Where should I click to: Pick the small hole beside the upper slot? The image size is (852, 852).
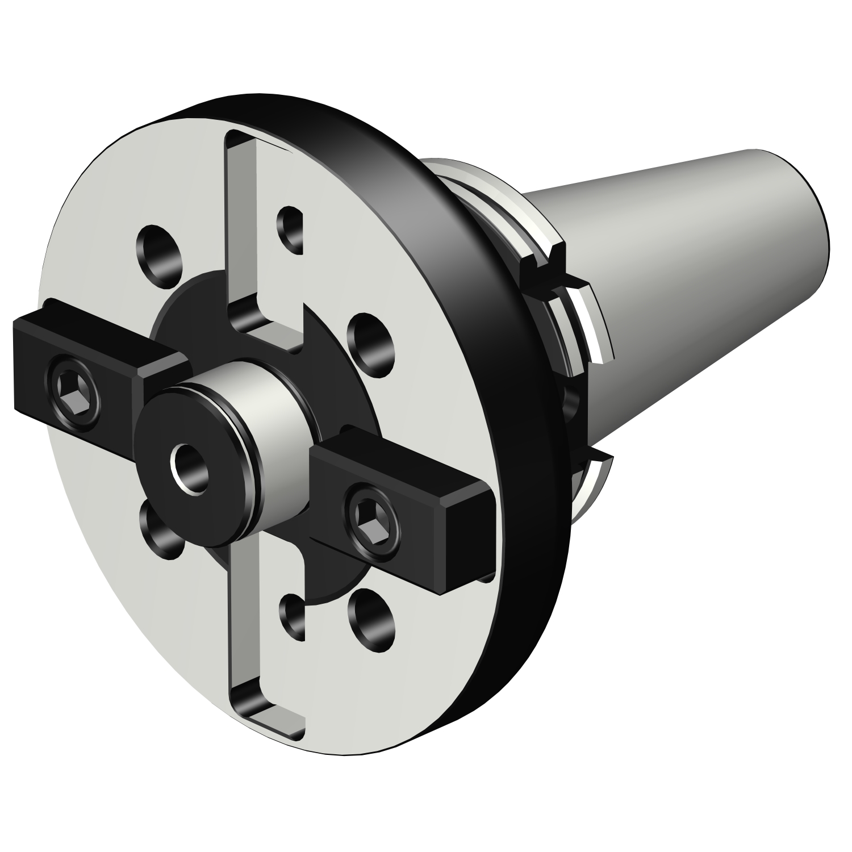click(x=291, y=229)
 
